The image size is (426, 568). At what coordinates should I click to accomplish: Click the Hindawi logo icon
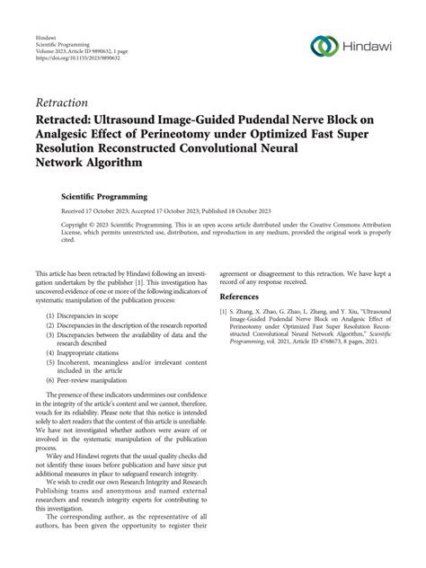323,46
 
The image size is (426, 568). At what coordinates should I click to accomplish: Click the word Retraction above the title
64,102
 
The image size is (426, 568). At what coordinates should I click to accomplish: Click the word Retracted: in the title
71,120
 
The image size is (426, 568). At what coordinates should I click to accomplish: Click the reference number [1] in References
225,312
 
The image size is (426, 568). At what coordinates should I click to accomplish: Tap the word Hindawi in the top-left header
48,27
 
